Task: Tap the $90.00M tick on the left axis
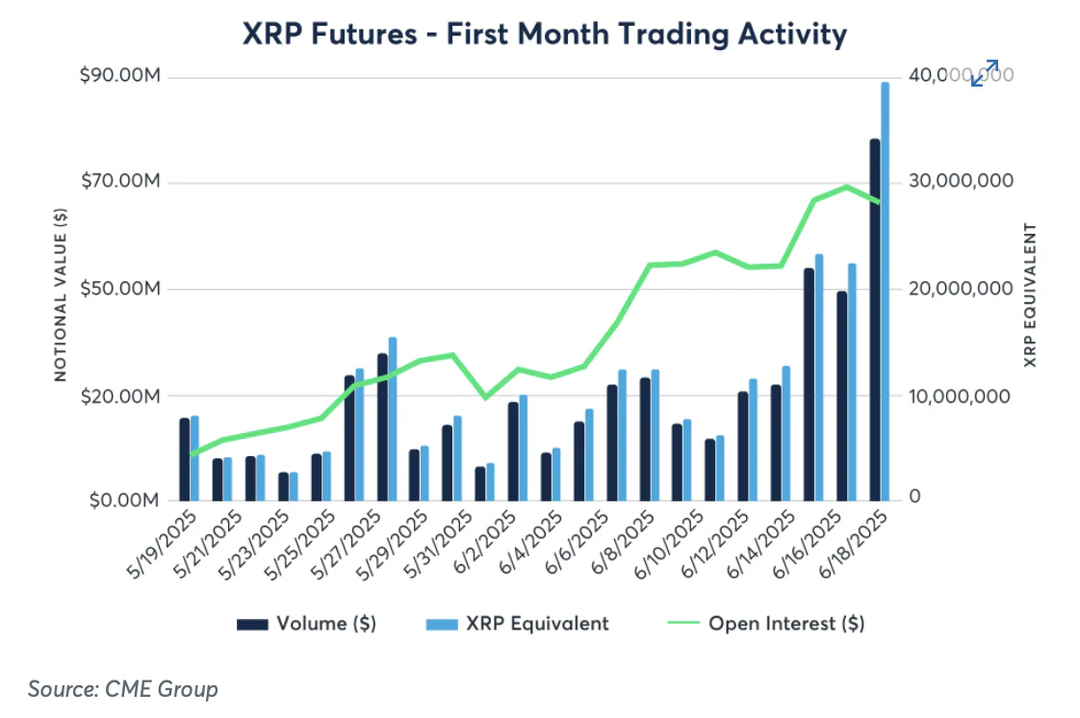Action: click(x=119, y=77)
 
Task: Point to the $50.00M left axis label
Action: click(x=119, y=290)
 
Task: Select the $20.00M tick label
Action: click(x=119, y=396)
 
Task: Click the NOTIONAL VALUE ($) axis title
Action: click(x=60, y=294)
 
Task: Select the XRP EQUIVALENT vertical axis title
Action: click(x=1030, y=295)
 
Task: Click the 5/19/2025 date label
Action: click(x=164, y=545)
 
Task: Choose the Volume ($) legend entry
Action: click(x=307, y=624)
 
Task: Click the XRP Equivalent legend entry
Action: click(x=517, y=624)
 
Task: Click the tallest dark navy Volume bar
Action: click(x=875, y=318)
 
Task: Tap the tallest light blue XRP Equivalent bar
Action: click(x=885, y=289)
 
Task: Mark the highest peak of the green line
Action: click(x=846, y=187)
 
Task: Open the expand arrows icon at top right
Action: click(x=984, y=73)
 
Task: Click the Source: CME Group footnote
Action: click(x=122, y=689)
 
